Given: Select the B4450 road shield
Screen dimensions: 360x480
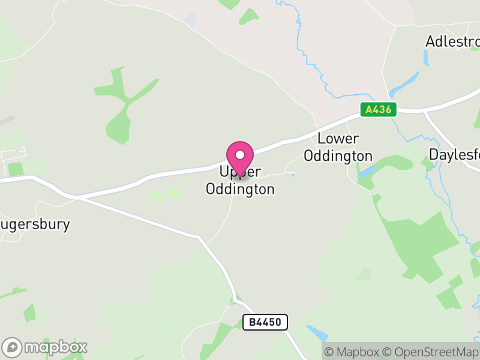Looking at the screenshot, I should click(x=265, y=322).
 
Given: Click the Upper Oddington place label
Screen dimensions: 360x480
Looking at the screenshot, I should click(x=240, y=181).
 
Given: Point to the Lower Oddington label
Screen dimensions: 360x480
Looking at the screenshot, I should click(x=338, y=148).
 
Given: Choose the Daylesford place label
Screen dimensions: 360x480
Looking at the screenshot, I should click(x=455, y=154).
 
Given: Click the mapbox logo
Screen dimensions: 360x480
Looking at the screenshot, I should click(x=46, y=346).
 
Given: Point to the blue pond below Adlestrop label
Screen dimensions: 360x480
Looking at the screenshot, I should click(x=404, y=84).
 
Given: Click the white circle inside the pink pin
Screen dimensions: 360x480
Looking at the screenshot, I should click(x=241, y=154).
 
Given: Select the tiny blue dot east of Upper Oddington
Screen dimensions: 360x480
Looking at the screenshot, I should click(x=292, y=175).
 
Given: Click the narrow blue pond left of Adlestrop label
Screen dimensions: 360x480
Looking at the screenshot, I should click(x=425, y=58).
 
